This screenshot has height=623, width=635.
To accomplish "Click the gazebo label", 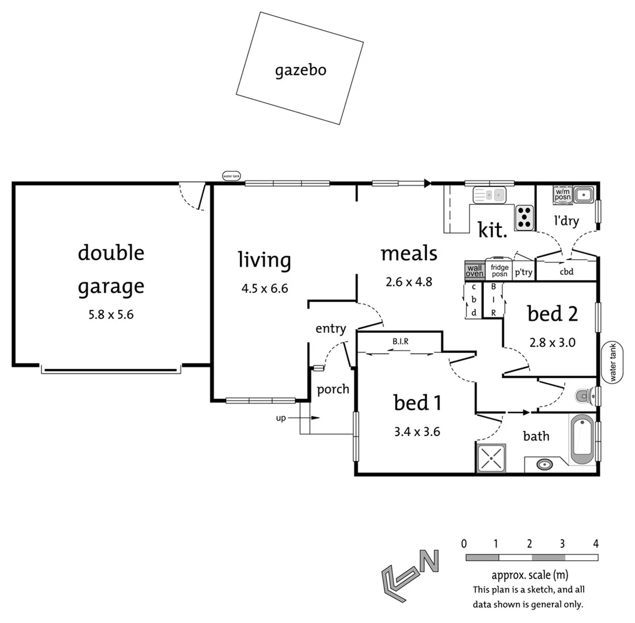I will [x=300, y=70].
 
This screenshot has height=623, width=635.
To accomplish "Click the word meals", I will [x=409, y=253].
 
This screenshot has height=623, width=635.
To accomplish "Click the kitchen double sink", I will [x=489, y=195].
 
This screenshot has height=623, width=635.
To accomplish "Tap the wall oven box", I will [x=474, y=271].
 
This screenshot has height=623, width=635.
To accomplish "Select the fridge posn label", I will [x=499, y=271].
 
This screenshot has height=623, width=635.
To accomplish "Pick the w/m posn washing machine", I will [x=562, y=194].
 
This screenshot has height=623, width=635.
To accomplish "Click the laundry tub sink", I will [x=584, y=194].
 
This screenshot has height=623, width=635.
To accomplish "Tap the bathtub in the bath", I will [x=582, y=440].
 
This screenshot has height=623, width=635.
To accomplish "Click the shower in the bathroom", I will [x=491, y=459].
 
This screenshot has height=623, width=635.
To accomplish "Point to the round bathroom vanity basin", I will [x=544, y=464].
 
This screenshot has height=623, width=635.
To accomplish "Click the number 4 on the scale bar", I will [x=595, y=543].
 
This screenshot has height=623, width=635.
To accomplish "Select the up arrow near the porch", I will [x=294, y=418].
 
